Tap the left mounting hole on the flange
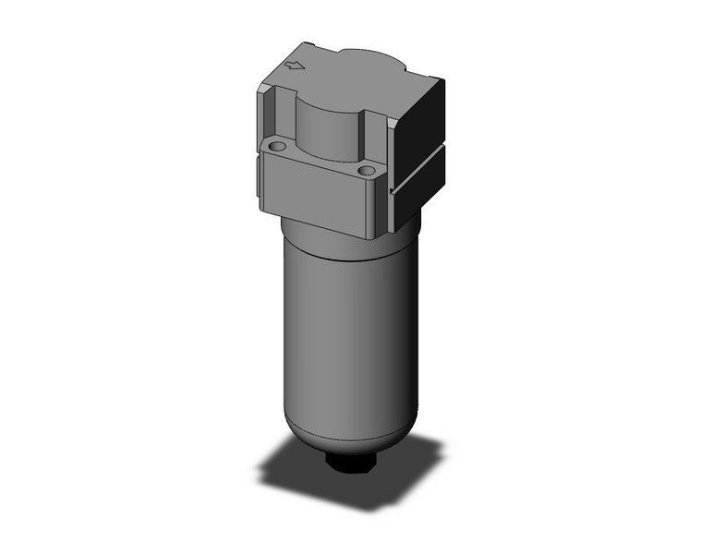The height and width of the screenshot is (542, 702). (x=273, y=146)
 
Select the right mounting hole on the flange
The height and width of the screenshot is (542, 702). (x=368, y=171)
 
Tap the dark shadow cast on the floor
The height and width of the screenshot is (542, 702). (x=305, y=466)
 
